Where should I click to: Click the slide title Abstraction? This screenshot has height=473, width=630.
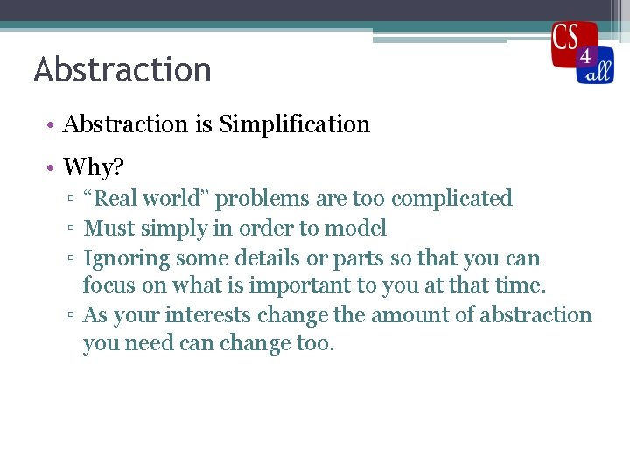[x=122, y=70]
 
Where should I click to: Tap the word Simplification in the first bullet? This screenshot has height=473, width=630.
[x=294, y=124]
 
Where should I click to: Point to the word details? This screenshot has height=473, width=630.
[x=268, y=258]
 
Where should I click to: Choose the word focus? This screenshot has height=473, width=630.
[x=108, y=285]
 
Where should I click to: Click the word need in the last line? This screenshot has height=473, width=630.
[x=150, y=343]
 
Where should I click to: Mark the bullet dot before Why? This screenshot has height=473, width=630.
[x=52, y=166]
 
